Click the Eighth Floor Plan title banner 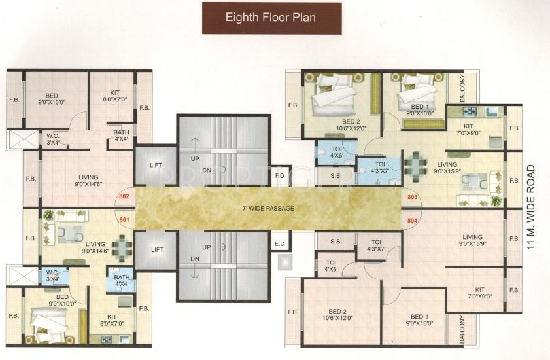pyautogui.click(x=272, y=18)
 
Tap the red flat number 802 pyautogui.click(x=124, y=196)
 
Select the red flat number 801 pyautogui.click(x=124, y=220)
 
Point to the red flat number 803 pyautogui.click(x=413, y=197)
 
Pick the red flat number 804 pyautogui.click(x=413, y=221)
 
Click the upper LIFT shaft pyautogui.click(x=156, y=165)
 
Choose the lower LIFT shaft pyautogui.click(x=156, y=250)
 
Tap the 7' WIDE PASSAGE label pyautogui.click(x=268, y=208)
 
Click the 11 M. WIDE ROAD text pyautogui.click(x=532, y=207)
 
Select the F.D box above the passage pyautogui.click(x=281, y=175)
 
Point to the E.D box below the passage pyautogui.click(x=281, y=243)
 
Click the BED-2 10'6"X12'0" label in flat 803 pyautogui.click(x=351, y=125)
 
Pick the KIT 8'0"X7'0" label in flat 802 pyautogui.click(x=115, y=96)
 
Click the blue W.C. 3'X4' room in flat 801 pyautogui.click(x=53, y=276)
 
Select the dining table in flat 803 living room pyautogui.click(x=416, y=165)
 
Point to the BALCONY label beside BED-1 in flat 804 pyautogui.click(x=462, y=329)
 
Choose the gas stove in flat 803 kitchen pyautogui.click(x=470, y=112)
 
